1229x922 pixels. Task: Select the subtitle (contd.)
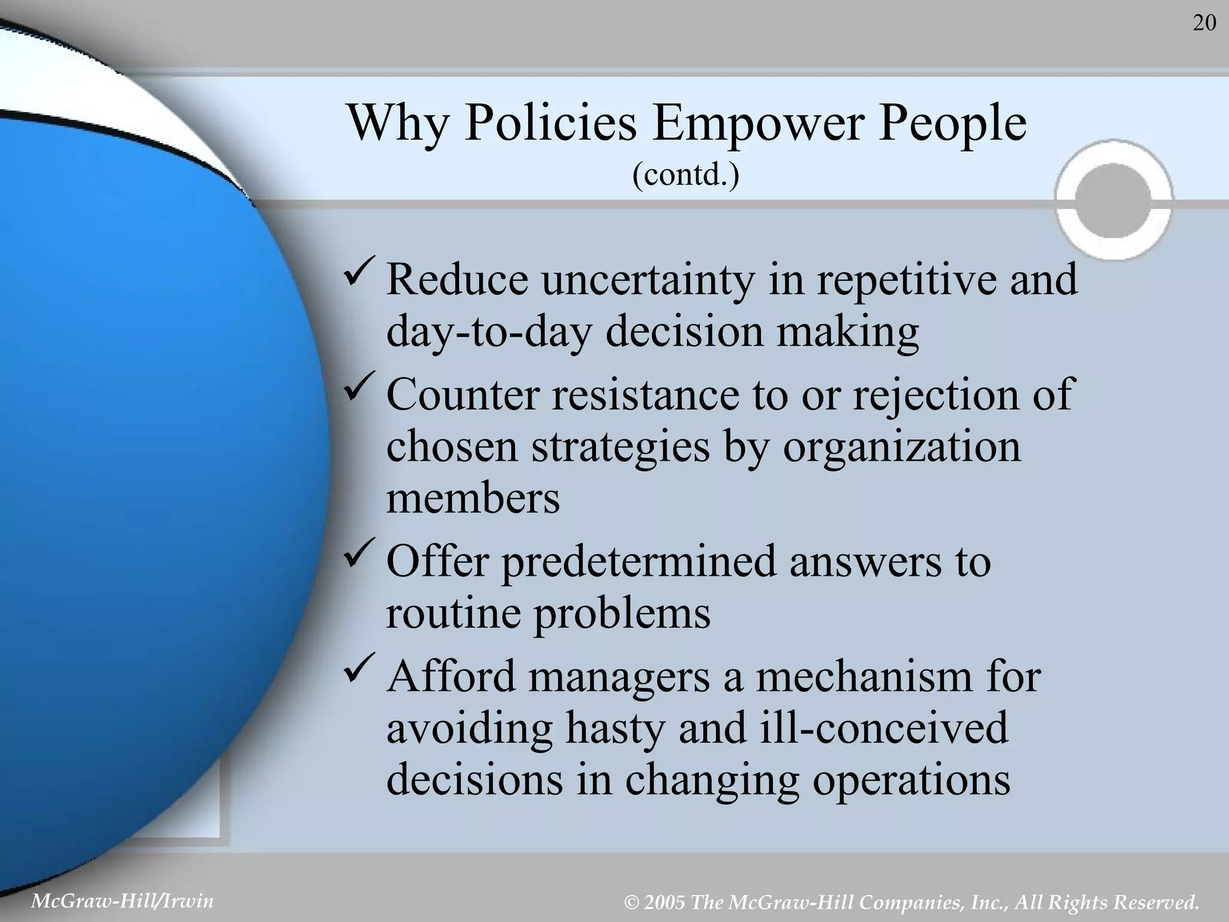[x=685, y=175]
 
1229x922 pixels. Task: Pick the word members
[x=473, y=498]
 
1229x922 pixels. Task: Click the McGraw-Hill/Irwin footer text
[x=122, y=901]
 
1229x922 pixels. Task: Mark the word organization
[x=901, y=447]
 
